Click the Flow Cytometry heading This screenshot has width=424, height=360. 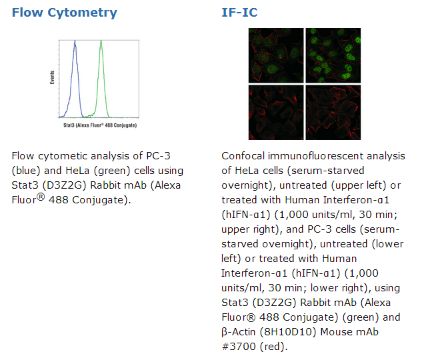coord(65,13)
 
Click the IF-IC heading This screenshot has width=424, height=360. coord(239,13)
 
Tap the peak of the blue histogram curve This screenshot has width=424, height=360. coord(75,41)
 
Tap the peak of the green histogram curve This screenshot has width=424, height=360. coord(101,41)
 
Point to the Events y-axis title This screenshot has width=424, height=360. coord(52,77)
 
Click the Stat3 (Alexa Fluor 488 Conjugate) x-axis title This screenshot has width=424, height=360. coord(100,125)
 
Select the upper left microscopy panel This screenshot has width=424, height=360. coord(276,55)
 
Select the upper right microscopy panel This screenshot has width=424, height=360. coord(333,55)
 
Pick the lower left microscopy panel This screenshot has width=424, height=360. coord(276,113)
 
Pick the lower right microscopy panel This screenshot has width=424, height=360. coord(333,113)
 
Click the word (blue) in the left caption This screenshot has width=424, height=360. coord(26,171)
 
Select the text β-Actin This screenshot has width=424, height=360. coord(238,332)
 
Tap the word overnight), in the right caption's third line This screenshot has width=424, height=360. coord(249,185)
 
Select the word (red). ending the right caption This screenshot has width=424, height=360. coord(273,347)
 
